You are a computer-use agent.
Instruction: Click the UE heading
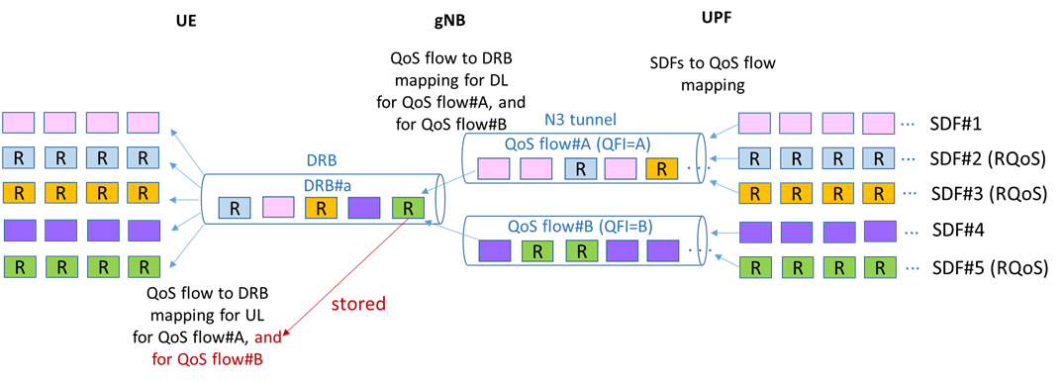[x=185, y=20]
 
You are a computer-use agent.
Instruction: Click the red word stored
[x=357, y=304]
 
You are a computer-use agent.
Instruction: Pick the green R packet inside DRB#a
[x=407, y=208]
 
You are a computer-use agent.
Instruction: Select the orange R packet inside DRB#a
[x=321, y=208]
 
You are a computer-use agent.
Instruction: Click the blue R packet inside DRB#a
[x=235, y=208]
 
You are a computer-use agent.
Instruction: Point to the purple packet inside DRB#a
[x=363, y=208]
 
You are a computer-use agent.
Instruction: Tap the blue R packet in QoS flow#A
[x=582, y=168]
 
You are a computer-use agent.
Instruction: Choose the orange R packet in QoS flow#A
[x=661, y=168]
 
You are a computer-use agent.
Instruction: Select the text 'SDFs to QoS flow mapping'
[x=712, y=74]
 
